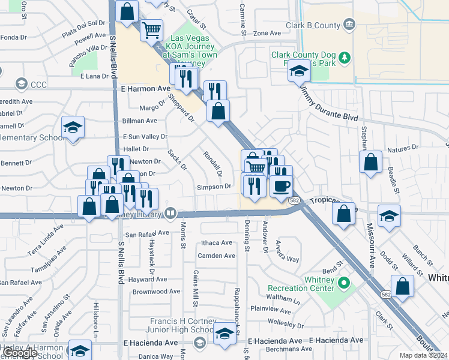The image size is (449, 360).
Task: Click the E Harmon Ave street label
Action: pos(146,88)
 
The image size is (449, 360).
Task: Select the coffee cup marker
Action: pos(281,186)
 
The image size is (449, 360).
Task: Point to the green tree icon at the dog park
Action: pos(344,58)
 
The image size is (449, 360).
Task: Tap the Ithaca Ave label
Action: pos(216,243)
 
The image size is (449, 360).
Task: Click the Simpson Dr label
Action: pos(214,187)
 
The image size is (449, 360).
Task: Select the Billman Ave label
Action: pos(139,121)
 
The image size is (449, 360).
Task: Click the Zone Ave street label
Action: pos(267,34)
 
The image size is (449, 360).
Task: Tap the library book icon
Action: pos(172,212)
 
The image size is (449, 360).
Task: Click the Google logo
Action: pos(20,353)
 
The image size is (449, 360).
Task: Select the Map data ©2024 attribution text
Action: pos(423,355)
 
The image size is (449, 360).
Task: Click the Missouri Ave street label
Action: pos(370,246)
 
